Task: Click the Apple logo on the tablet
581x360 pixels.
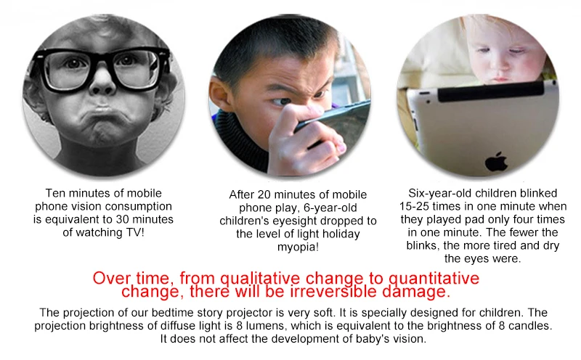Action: [496, 162]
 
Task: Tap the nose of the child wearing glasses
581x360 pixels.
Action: [102, 83]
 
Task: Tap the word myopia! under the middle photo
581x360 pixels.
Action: [298, 247]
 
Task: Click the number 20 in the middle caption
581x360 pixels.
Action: [264, 195]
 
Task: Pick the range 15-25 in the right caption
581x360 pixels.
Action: [414, 206]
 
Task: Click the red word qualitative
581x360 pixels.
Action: [260, 278]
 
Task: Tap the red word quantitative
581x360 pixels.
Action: [434, 278]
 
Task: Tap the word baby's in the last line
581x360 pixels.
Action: [371, 339]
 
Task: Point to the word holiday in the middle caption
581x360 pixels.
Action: [341, 234]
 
